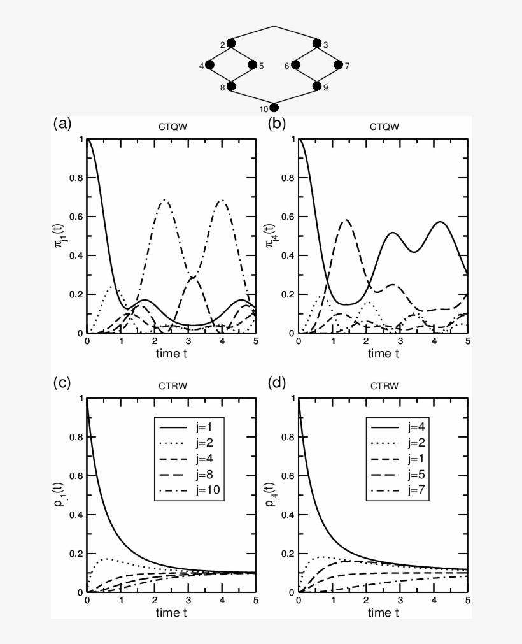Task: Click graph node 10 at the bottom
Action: point(274,108)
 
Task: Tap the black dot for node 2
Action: point(231,43)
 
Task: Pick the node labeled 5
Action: point(253,65)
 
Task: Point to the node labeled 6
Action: point(295,65)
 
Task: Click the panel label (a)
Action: point(61,124)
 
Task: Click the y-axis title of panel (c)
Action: point(65,495)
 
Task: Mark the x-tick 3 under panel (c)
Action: point(188,601)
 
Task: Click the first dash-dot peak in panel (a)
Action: point(165,200)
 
